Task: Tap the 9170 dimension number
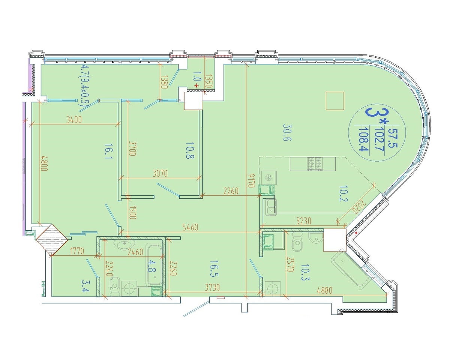tap(251, 180)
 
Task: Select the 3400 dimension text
tap(74, 120)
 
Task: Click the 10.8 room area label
tap(190, 150)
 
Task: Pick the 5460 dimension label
tap(190, 227)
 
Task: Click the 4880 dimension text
tap(324, 290)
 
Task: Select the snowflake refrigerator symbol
tap(268, 178)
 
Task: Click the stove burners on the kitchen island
tap(314, 164)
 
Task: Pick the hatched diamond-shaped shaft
tap(52, 240)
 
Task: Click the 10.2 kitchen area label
tap(343, 193)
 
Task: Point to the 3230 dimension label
tap(304, 221)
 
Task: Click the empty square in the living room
tap(335, 101)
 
